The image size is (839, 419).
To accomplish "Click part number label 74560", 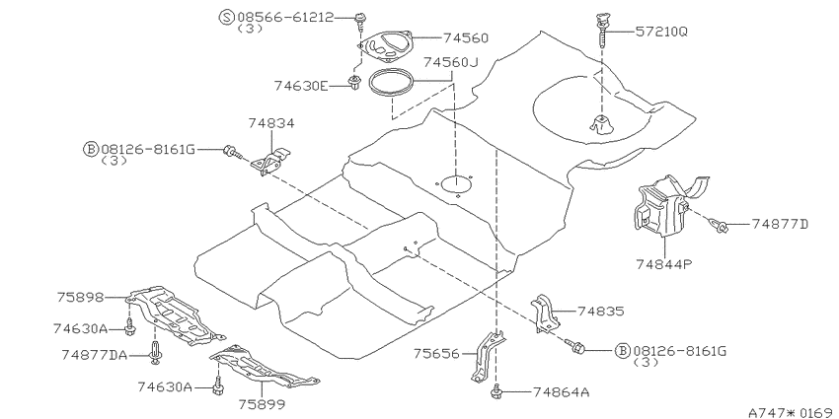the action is [x=466, y=37].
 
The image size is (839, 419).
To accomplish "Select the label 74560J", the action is [x=450, y=62].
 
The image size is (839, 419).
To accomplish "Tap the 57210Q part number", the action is [x=661, y=32].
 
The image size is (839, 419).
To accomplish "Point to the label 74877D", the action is [x=780, y=224].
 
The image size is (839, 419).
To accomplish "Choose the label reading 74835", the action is [x=600, y=311].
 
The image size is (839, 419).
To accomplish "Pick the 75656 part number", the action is [x=436, y=353].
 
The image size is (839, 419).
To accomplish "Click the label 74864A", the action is [x=561, y=392].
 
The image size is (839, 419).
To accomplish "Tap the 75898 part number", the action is [x=80, y=297].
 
